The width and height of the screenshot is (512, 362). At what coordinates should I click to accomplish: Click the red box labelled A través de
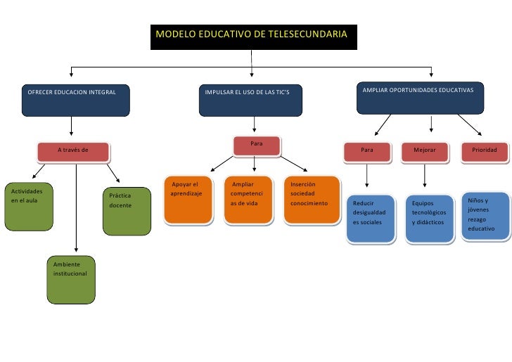click(73, 150)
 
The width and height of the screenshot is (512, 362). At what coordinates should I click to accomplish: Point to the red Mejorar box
click(425, 151)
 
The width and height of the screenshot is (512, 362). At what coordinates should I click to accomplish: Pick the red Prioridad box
click(485, 151)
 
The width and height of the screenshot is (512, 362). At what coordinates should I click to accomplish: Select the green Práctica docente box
click(127, 210)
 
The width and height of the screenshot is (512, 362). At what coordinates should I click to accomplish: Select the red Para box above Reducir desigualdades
click(367, 151)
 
